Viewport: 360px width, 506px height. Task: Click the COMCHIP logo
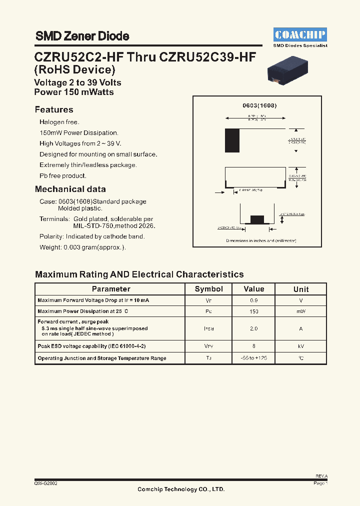pyautogui.click(x=300, y=34)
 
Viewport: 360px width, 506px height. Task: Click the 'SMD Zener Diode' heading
pyautogui.click(x=82, y=36)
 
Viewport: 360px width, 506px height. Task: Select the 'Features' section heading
pyautogui.click(x=54, y=110)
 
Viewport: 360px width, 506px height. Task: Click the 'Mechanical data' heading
pyautogui.click(x=70, y=189)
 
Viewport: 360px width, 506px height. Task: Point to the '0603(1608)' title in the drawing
pyautogui.click(x=259, y=106)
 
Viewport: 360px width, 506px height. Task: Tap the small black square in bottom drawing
pyautogui.click(x=256, y=218)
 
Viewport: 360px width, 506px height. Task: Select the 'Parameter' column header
pyautogui.click(x=111, y=289)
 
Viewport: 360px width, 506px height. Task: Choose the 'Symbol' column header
pyautogui.click(x=208, y=289)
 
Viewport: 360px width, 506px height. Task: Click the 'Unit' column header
pyautogui.click(x=300, y=289)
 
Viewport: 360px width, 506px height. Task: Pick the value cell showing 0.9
pyautogui.click(x=254, y=300)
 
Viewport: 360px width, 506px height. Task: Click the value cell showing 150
pyautogui.click(x=254, y=311)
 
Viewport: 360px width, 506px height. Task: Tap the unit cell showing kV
pyautogui.click(x=300, y=346)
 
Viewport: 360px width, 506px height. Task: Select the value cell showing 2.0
pyautogui.click(x=254, y=328)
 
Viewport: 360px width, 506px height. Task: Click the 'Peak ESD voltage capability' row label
pyautogui.click(x=91, y=346)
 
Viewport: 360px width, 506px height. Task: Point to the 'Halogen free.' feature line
pyautogui.click(x=59, y=122)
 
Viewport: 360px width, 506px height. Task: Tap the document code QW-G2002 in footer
pyautogui.click(x=45, y=484)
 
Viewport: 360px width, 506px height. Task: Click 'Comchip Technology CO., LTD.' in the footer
pyautogui.click(x=181, y=489)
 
